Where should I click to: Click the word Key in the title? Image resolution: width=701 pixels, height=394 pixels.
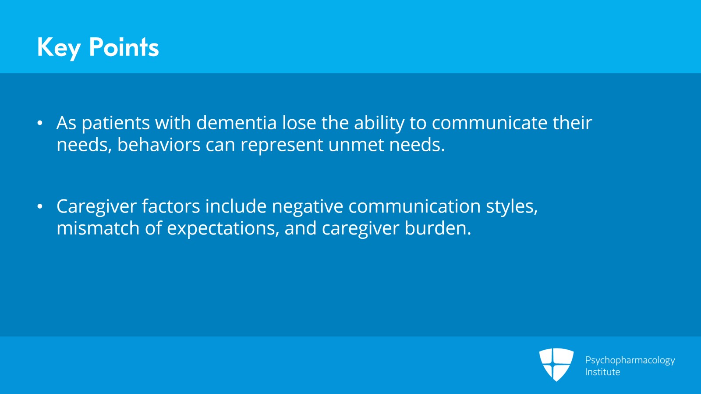[59, 48]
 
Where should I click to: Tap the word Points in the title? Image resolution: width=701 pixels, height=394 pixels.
[124, 47]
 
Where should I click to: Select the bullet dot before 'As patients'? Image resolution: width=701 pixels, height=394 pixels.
[40, 123]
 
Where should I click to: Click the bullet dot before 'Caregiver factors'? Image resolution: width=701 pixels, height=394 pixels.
[40, 206]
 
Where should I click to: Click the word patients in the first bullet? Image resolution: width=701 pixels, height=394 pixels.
[116, 123]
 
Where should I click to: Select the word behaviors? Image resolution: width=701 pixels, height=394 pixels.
[159, 145]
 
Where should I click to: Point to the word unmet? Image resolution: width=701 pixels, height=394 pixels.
[356, 145]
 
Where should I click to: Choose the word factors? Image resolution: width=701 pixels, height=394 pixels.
[171, 206]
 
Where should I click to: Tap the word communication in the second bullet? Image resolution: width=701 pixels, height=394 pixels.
[414, 206]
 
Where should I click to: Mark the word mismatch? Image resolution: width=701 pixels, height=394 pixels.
[98, 228]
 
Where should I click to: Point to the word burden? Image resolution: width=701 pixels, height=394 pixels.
[438, 228]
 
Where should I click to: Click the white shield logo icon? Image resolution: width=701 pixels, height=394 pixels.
[556, 365]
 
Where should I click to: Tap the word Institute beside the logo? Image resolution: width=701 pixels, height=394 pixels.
[602, 372]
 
